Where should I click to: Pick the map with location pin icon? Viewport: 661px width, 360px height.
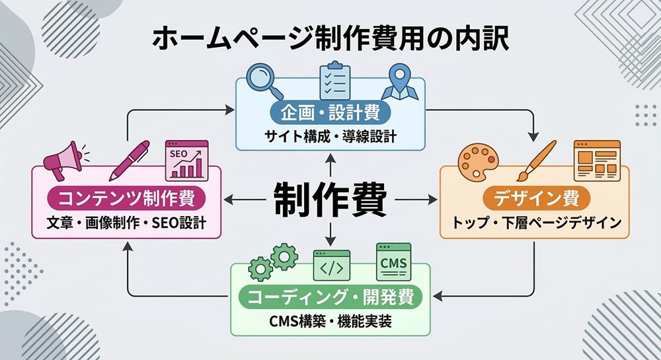pyautogui.click(x=400, y=81)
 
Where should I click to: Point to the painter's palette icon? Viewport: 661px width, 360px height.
pyautogui.click(x=481, y=161)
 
